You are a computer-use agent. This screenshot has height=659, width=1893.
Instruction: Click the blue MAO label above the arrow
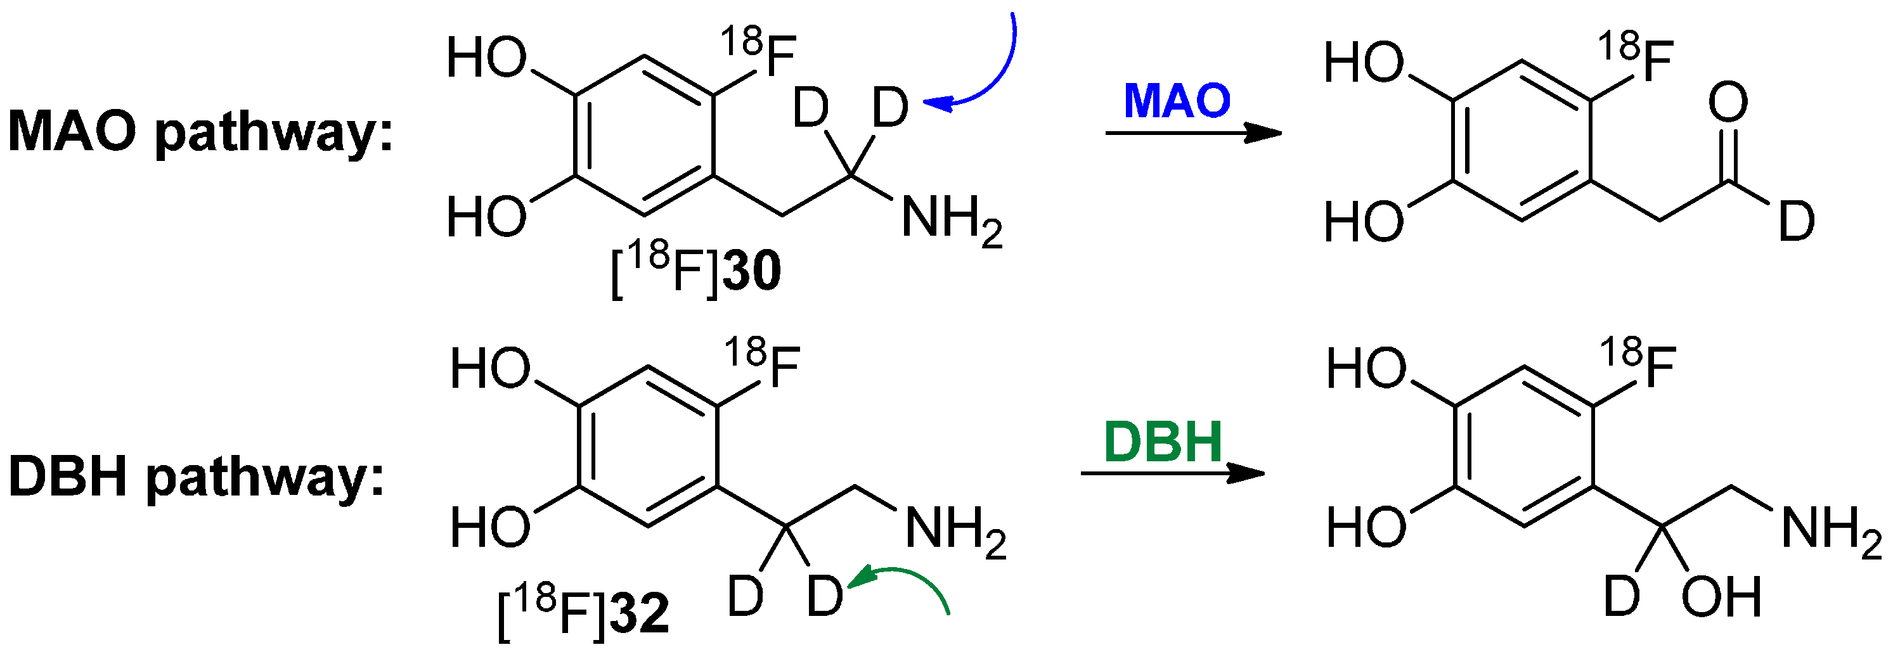[x=1177, y=101]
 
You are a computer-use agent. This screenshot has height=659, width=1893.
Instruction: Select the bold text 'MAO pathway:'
[x=200, y=132]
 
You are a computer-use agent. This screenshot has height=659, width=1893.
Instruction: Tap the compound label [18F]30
[x=695, y=271]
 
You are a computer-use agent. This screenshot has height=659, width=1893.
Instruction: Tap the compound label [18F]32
[x=583, y=613]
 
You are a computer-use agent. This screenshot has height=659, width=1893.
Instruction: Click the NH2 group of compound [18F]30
[x=951, y=219]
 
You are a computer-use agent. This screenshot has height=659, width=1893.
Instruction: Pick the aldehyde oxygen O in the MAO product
[x=1727, y=102]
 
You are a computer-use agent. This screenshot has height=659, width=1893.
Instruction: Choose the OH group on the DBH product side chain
[x=1721, y=596]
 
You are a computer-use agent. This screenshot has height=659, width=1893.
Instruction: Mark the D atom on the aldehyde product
[x=1796, y=221]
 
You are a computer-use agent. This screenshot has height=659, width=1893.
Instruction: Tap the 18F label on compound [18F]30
[x=758, y=51]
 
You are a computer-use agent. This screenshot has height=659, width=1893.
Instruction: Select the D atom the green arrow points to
[x=825, y=596]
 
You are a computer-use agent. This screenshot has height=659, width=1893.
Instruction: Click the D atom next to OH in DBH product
[x=1621, y=596]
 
